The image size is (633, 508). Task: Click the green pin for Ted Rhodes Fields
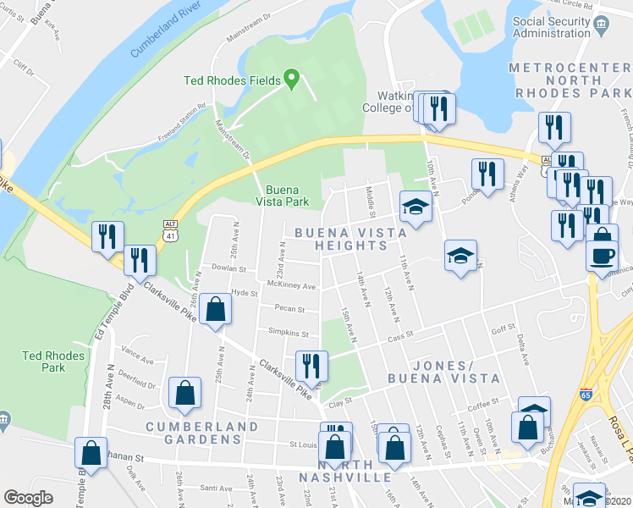pos(293,80)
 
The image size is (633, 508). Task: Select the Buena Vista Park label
pos(282,195)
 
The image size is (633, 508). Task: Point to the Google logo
pos(29,498)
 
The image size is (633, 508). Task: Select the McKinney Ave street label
pos(290,285)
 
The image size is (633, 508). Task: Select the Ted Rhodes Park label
pos(54,362)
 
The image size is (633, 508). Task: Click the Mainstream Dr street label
pos(234,140)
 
